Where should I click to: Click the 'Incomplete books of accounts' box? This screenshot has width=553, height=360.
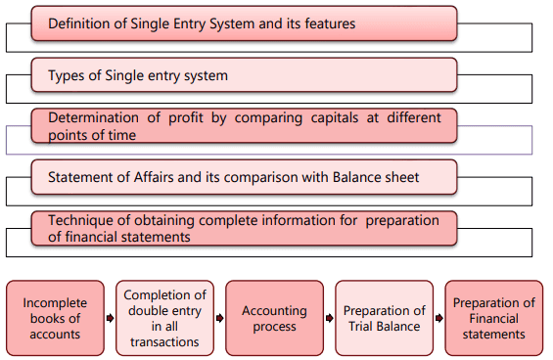tap(55, 317)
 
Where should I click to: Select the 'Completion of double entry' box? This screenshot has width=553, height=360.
tap(164, 317)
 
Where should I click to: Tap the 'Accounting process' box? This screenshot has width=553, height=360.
tap(274, 317)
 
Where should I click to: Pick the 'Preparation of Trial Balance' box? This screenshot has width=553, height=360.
tap(384, 317)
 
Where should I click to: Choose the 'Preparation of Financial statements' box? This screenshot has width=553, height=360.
tap(493, 317)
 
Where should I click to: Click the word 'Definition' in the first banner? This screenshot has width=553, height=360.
tap(82, 22)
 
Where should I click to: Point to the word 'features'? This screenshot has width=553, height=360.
tap(328, 22)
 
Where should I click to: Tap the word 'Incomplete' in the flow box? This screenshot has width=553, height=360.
tap(55, 302)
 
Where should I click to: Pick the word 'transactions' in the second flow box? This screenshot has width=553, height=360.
tap(164, 342)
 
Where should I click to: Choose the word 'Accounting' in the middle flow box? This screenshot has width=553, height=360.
tap(274, 310)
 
